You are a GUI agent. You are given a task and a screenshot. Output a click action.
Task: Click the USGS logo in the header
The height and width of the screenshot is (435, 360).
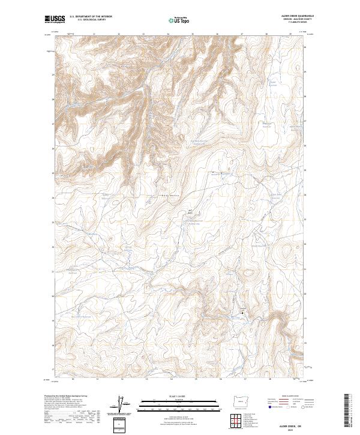[55, 19]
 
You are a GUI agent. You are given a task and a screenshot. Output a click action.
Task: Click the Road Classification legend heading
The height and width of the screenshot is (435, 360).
[286, 397]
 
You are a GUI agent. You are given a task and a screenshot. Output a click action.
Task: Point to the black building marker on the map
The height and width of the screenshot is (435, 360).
[242, 313]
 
